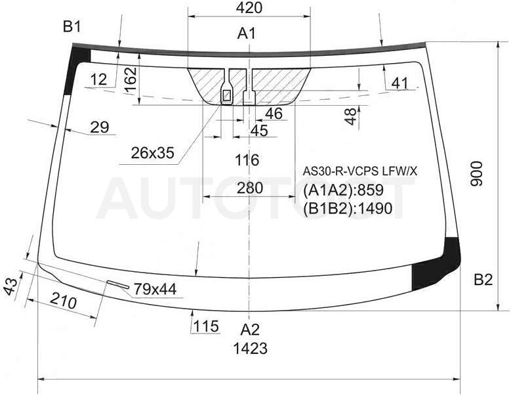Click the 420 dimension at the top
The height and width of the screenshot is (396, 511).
point(249,8)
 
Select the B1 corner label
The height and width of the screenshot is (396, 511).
point(72,27)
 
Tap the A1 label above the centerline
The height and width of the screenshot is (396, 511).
point(247,33)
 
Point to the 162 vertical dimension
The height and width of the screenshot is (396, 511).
point(131,80)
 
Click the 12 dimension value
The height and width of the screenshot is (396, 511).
point(99,79)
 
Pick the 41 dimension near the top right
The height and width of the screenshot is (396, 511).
point(400,83)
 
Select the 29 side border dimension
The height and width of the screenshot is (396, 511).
point(100,127)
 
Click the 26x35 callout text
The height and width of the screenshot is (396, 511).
point(153,152)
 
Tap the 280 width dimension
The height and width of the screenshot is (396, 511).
point(250,188)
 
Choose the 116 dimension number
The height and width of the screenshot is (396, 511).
point(247,160)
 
